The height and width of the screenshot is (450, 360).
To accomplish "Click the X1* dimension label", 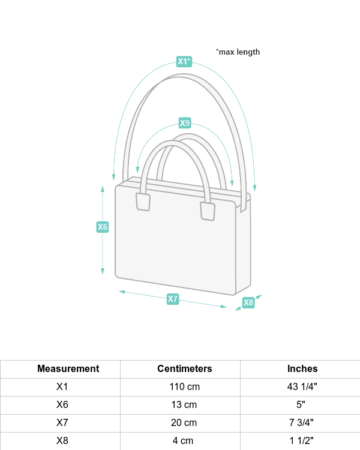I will click(x=184, y=61).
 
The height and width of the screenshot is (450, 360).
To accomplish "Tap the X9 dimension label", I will click(x=185, y=123).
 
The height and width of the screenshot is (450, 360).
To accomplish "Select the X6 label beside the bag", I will click(x=103, y=227).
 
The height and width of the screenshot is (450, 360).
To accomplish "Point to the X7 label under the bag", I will click(x=173, y=298).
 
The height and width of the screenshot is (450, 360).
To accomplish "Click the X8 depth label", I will click(x=248, y=302).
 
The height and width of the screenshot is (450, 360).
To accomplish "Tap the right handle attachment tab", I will click(x=208, y=211).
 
